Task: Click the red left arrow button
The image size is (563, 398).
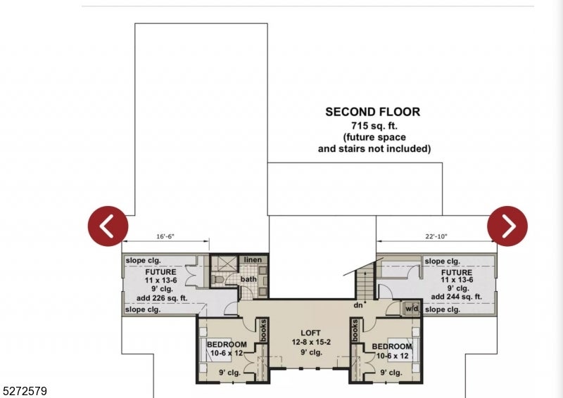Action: (x=108, y=226)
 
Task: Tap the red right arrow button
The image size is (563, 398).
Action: (x=507, y=226)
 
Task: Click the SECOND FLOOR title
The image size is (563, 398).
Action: (x=372, y=112)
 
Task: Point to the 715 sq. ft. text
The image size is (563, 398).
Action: (x=372, y=124)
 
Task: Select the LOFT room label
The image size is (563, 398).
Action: (x=310, y=333)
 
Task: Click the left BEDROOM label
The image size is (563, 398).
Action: (x=227, y=345)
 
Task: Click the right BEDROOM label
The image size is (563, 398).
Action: (x=392, y=347)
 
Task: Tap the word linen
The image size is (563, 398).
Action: (x=253, y=260)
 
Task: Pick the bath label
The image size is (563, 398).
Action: (x=249, y=279)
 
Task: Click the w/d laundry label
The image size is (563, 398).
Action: (x=411, y=309)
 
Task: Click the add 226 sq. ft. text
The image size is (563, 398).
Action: (x=160, y=297)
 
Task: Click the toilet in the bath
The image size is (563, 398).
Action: (x=218, y=280)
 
